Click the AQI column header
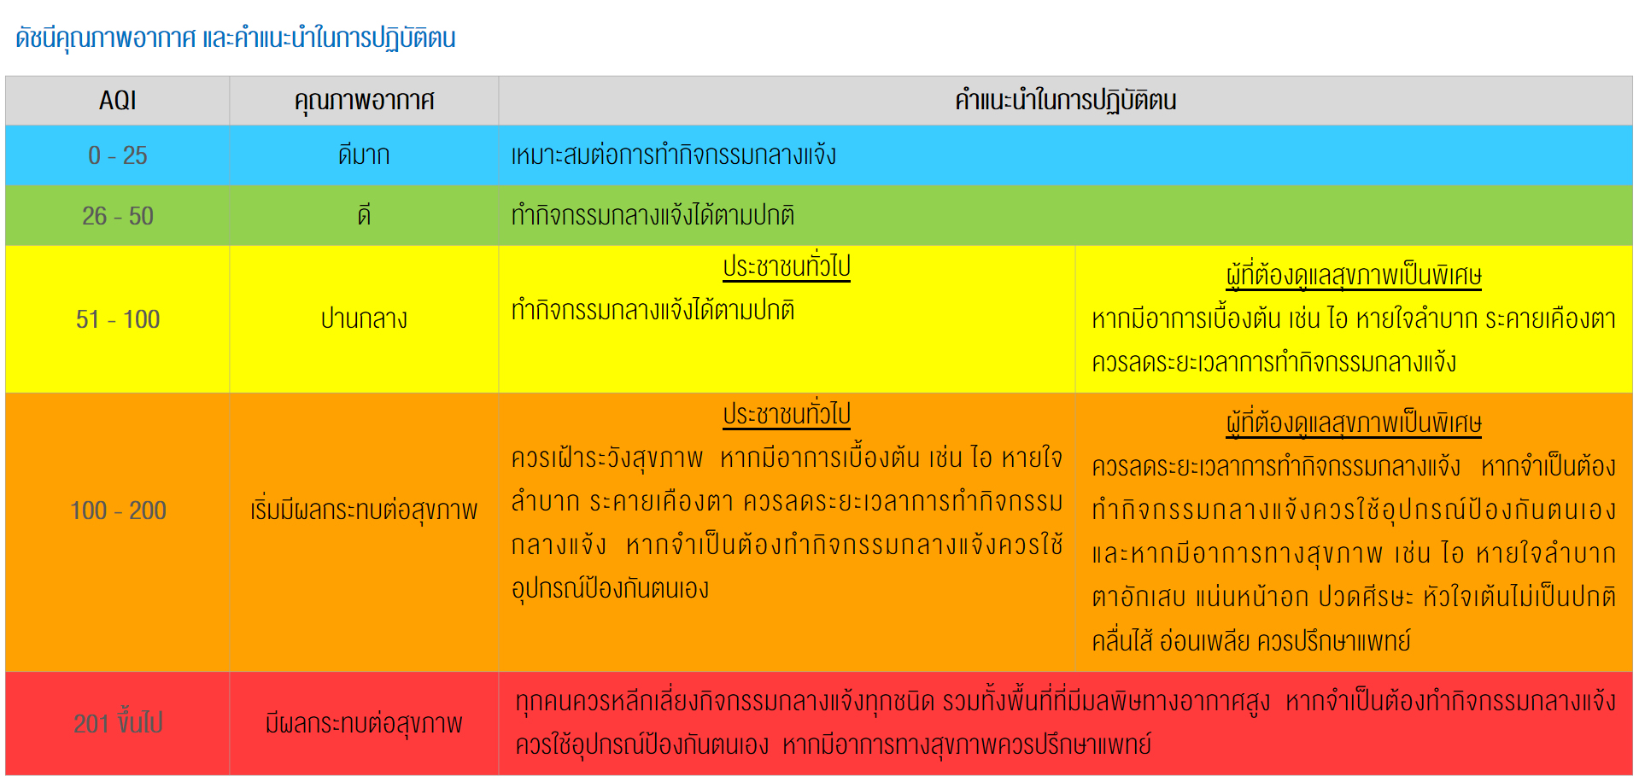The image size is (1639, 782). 118,101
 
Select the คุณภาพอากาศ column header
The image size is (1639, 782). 364,101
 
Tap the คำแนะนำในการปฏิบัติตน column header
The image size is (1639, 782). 1065,101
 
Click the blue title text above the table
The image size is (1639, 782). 236,38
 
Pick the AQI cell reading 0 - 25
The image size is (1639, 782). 118,155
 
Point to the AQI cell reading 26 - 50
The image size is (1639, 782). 118,216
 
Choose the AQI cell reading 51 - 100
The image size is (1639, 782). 118,319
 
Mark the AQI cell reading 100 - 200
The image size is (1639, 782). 118,511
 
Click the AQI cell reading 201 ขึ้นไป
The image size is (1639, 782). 118,723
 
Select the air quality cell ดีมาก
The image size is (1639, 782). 364,155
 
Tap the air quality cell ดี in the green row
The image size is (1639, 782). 364,215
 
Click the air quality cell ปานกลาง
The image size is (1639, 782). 364,319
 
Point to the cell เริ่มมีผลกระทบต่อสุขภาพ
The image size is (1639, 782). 364,511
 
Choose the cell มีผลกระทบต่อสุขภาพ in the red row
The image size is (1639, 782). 364,724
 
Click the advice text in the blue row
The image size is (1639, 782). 674,155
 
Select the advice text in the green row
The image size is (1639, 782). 653,215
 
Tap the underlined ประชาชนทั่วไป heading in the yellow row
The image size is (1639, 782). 787,267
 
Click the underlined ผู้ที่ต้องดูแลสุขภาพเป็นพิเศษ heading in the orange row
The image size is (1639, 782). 1354,423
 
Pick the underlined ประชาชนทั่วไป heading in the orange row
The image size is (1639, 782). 787,415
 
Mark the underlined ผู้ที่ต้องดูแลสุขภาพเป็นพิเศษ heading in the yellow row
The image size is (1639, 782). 1354,275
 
